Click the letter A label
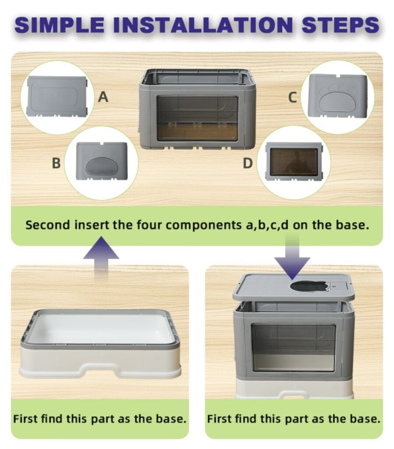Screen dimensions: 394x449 [103, 97]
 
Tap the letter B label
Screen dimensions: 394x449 [56, 163]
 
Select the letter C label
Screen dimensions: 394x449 [292, 97]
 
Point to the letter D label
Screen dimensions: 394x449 [248, 163]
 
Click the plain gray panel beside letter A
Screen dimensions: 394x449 [57, 96]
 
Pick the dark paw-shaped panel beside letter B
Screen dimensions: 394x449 [102, 161]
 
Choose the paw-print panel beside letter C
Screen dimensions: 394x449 [337, 96]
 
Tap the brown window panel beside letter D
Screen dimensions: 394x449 [294, 162]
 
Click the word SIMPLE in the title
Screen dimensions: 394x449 [60, 25]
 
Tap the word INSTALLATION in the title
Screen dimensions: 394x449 [203, 25]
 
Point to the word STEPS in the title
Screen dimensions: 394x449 [341, 25]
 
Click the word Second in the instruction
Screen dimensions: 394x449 [47, 225]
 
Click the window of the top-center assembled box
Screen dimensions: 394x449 [197, 118]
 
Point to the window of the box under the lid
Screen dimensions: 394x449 [293, 347]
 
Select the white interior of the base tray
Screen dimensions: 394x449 [100, 328]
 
